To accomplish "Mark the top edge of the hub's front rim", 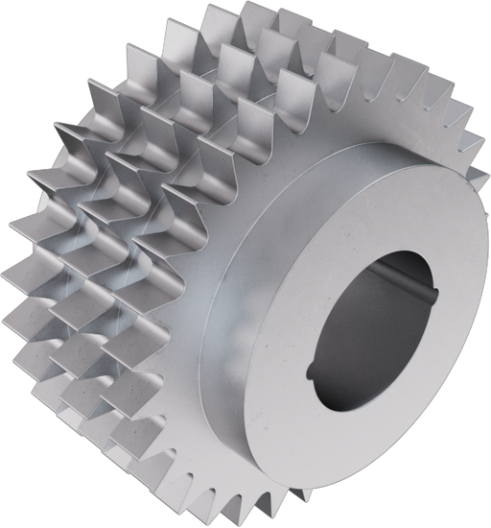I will pyautogui.click(x=422, y=154).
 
